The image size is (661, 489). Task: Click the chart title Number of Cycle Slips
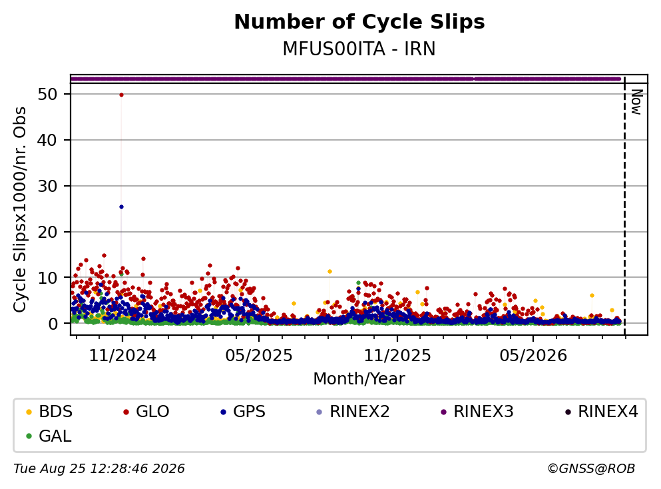(x=359, y=22)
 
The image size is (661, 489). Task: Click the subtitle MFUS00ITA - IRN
(x=359, y=49)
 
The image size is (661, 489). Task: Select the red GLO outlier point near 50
(x=121, y=95)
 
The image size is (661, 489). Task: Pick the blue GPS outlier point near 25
(x=121, y=207)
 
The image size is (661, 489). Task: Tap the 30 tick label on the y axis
(x=47, y=186)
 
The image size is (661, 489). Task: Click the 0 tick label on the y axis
(x=53, y=324)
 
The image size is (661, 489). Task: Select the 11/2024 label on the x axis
(x=122, y=356)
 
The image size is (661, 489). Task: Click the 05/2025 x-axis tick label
(x=259, y=356)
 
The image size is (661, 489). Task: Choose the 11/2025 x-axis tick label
(x=397, y=356)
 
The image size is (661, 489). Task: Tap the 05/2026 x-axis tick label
(x=533, y=356)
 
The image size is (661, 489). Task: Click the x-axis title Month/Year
(x=359, y=379)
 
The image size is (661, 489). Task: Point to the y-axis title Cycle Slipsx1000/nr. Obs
(x=20, y=209)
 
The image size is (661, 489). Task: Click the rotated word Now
(x=636, y=102)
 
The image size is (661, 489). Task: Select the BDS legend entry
(x=49, y=411)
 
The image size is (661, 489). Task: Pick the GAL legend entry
(x=49, y=436)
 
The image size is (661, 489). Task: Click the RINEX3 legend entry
(x=477, y=411)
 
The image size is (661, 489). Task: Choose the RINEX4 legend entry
(x=602, y=411)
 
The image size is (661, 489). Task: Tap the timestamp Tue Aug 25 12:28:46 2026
(x=99, y=469)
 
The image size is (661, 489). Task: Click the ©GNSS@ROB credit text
(x=591, y=469)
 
